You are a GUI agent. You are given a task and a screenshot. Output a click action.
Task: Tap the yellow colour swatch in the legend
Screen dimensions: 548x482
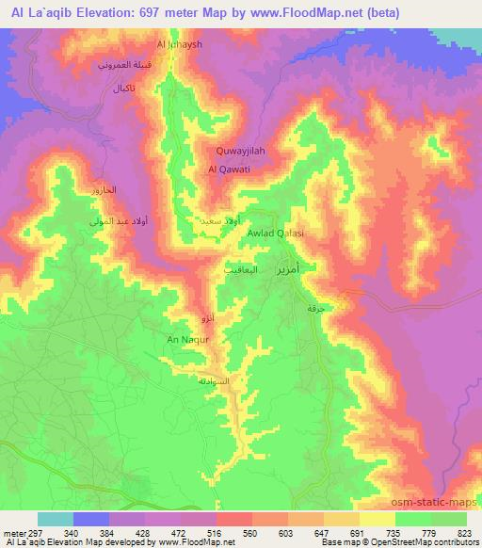pyautogui.click(x=377, y=519)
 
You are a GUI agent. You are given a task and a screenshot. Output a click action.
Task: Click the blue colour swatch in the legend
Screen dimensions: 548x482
pyautogui.click(x=91, y=519)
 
